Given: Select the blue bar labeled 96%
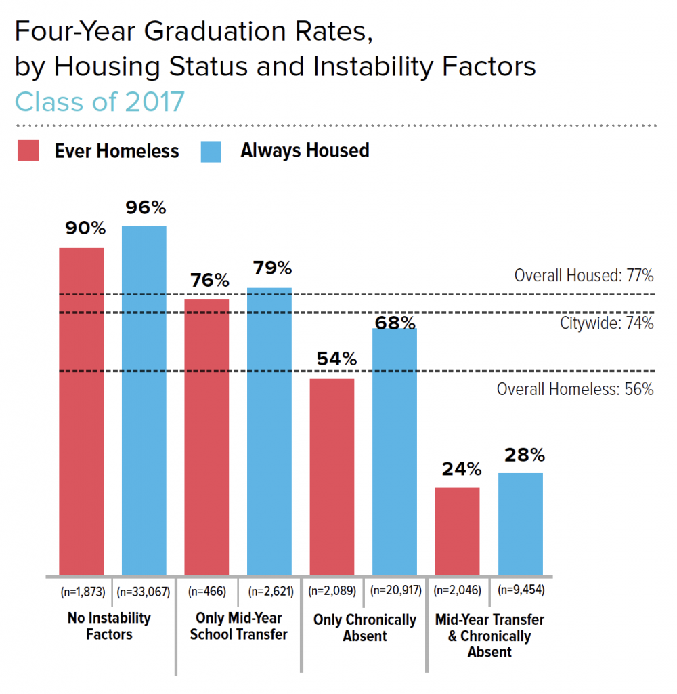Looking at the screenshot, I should pos(144,401).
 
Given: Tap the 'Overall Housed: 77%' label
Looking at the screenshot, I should pos(584,276).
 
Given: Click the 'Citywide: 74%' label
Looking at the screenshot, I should pos(607,323).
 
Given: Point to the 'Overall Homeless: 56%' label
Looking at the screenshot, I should pos(575,390).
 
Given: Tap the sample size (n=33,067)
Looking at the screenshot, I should pos(144,591).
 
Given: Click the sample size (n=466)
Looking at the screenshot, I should pos(206,591).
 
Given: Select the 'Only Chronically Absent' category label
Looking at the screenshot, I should pos(364,628).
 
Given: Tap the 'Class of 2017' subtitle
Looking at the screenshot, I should pos(100,102).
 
